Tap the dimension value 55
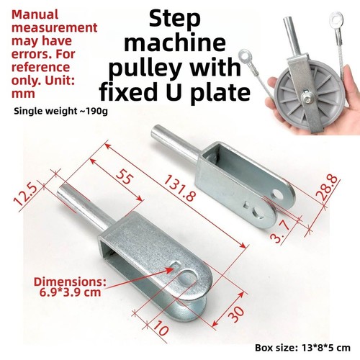tap(125, 176)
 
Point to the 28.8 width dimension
tap(327, 188)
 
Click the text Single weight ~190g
tap(60, 112)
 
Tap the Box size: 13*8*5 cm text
tap(302, 348)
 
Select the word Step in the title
tap(174, 19)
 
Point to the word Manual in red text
tap(35, 14)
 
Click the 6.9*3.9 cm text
tap(70, 292)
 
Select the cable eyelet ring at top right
tap(336, 19)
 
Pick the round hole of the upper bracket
tap(278, 194)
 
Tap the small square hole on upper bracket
tap(246, 205)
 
